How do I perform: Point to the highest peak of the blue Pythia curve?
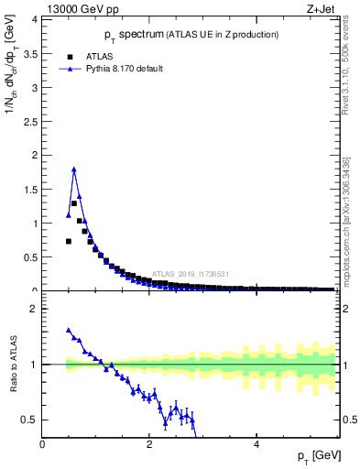[x=73, y=169]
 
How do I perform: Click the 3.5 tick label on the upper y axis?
[x=29, y=53]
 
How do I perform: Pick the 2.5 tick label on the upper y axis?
[x=29, y=121]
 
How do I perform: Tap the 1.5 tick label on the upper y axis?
[x=29, y=189]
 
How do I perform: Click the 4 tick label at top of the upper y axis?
[x=34, y=19]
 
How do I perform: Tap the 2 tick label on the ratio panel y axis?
[x=34, y=309]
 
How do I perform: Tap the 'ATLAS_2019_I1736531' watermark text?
[x=190, y=274]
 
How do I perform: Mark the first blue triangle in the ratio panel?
[x=69, y=330]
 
